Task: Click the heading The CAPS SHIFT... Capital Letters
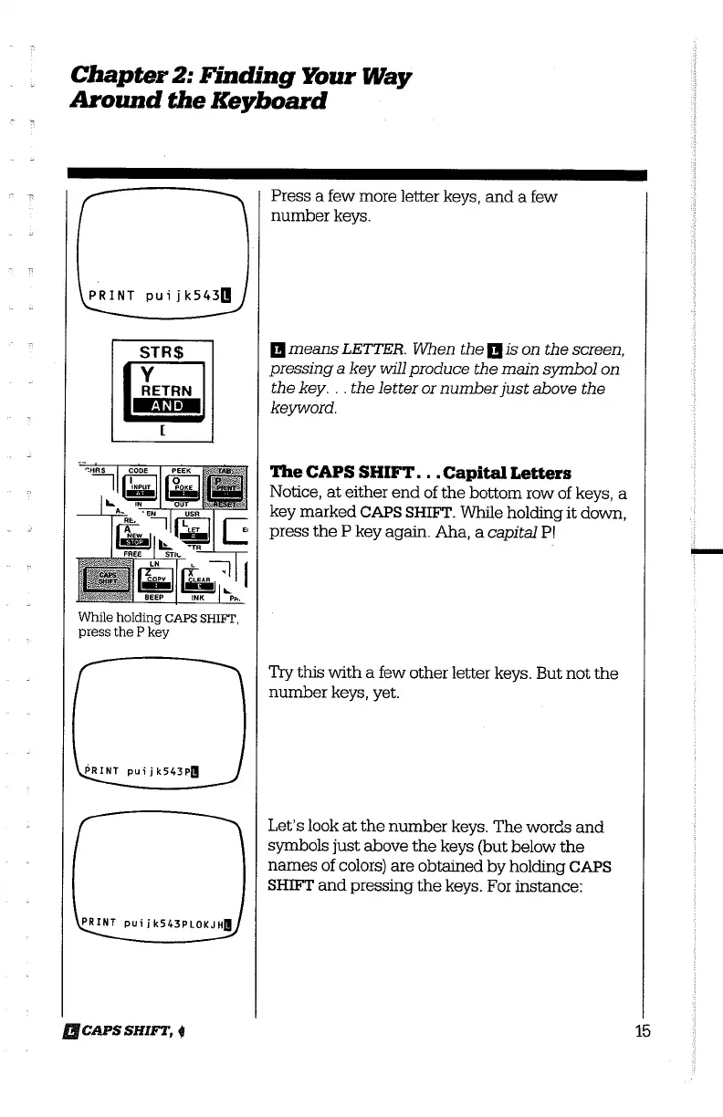pos(421,473)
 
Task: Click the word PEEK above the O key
pos(185,471)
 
